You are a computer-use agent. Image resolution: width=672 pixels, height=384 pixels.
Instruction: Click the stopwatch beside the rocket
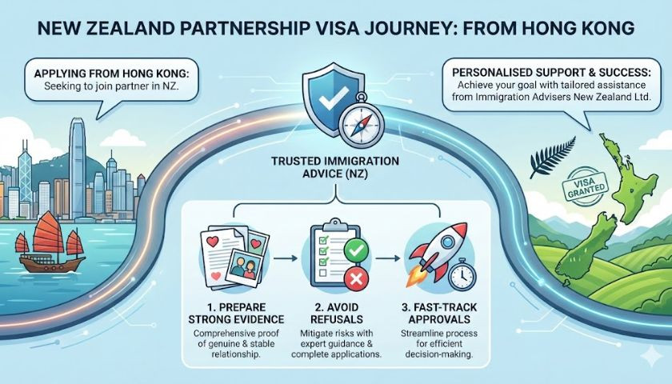463,274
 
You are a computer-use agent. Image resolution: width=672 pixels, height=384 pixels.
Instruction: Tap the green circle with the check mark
356,250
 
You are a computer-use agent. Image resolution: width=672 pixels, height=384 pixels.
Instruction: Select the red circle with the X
356,279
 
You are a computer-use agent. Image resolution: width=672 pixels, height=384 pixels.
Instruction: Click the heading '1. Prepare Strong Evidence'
236,314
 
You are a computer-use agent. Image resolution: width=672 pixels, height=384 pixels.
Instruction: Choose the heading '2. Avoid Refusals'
337,314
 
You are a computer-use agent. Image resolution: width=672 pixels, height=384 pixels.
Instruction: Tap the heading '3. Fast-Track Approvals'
439,314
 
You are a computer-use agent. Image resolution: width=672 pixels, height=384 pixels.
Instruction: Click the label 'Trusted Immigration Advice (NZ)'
334,167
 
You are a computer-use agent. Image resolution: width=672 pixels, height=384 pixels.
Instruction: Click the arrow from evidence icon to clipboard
286,258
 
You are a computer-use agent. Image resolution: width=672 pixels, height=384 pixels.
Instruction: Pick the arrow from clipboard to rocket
388,258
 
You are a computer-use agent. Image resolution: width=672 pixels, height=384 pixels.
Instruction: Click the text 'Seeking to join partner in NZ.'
111,86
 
